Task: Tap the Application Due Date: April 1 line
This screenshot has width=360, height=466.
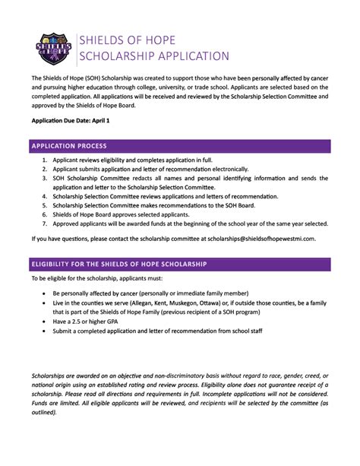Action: pos(70,121)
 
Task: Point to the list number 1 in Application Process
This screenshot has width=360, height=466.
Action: pos(46,161)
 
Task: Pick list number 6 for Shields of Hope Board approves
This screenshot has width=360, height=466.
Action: pos(46,215)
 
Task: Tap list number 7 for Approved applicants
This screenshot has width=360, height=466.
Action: pos(46,224)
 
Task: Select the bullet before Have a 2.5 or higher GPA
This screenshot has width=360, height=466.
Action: pos(45,322)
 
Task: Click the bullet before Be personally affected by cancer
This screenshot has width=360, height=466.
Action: pos(45,293)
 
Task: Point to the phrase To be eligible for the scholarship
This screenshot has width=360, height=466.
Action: pos(76,278)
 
